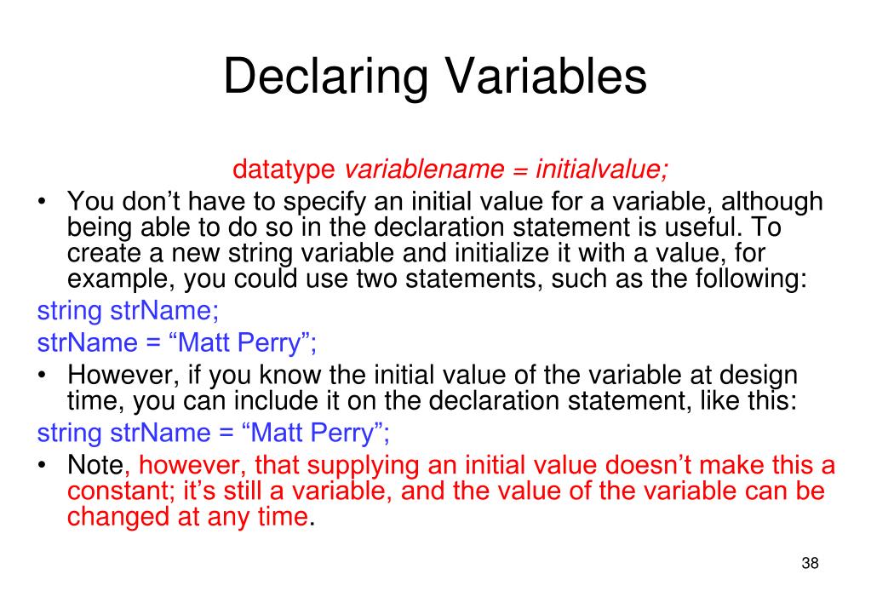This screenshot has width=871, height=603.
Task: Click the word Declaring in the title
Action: coord(326,78)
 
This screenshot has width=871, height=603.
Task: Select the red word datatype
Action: coord(284,169)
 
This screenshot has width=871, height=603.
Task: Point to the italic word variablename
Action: coord(424,169)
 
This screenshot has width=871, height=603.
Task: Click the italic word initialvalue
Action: coord(602,169)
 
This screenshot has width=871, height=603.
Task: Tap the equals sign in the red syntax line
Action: coord(520,170)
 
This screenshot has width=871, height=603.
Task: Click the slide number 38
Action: coord(810,563)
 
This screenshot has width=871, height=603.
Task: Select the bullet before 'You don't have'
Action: coord(42,202)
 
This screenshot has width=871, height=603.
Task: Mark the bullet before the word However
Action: coord(42,376)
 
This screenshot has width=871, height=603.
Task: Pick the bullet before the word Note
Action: coord(42,465)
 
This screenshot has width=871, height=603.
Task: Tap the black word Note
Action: coord(95,465)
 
